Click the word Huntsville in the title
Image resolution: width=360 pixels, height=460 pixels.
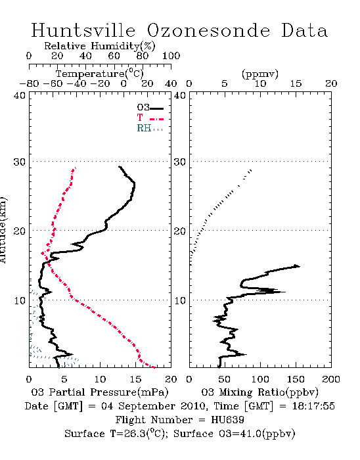coord(83,30)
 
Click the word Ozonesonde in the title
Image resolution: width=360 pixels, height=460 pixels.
coord(208,30)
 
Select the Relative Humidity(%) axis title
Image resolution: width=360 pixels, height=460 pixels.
coord(100,46)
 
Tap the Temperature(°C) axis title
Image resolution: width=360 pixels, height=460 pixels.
coord(100,74)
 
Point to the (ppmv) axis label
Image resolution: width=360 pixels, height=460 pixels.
coord(260,74)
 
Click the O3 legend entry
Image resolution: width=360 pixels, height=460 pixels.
coord(150,108)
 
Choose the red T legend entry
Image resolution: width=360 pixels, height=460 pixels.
coord(150,118)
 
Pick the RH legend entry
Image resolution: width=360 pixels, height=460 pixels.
coord(150,128)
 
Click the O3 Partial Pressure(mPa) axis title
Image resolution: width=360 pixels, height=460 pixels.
coord(100,392)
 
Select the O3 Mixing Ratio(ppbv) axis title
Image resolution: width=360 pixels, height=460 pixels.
coord(259,392)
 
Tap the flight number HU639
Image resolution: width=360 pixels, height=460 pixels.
coord(227,420)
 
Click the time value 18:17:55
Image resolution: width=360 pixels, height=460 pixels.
coord(313,406)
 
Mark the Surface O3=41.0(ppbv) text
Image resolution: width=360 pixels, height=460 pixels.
coord(235,434)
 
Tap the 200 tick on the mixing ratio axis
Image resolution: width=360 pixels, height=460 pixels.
coord(331,379)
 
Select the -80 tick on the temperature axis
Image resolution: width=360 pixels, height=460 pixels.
coord(29,83)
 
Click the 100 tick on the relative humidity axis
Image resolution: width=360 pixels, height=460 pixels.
coord(171,56)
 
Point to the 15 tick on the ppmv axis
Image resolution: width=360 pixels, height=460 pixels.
coord(296,83)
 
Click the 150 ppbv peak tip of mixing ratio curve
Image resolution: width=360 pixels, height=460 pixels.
coord(300,266)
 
